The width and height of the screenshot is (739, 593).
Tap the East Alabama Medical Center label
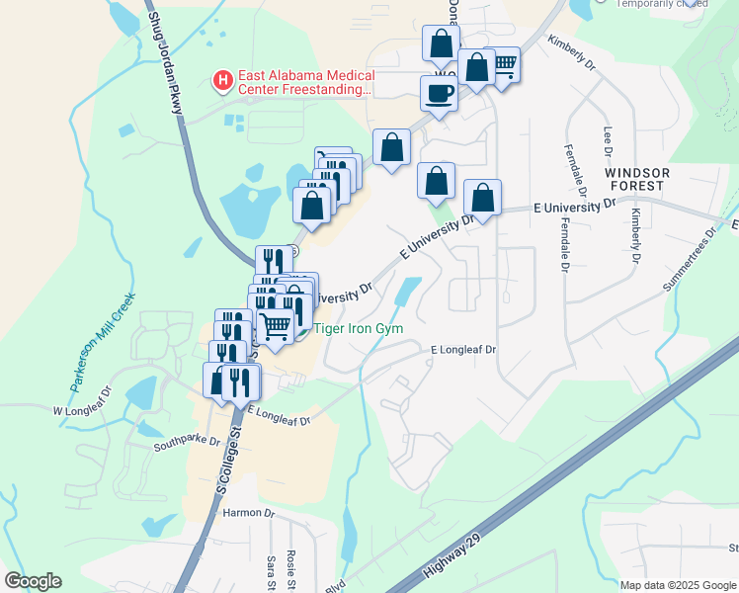click(305, 83)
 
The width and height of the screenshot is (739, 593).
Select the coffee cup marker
click(440, 94)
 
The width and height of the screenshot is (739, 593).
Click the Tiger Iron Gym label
click(360, 329)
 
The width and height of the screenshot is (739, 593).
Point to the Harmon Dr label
click(247, 513)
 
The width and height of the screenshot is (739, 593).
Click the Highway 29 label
click(451, 564)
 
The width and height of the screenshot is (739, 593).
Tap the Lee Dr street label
click(606, 141)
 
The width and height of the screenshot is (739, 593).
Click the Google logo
click(33, 581)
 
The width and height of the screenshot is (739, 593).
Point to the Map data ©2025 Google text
click(677, 585)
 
